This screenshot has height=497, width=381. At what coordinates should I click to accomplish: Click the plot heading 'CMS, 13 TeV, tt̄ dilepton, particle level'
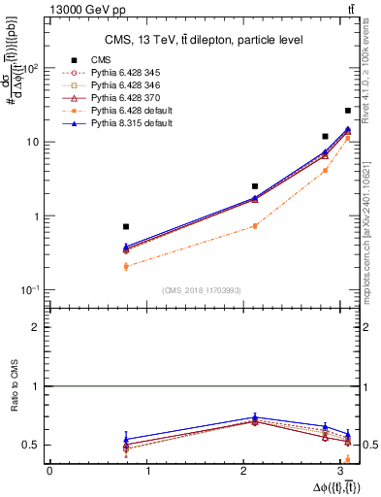(x=199, y=39)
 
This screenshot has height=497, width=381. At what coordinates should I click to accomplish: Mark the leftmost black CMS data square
(x=126, y=226)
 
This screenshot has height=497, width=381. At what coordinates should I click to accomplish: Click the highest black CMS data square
(x=348, y=111)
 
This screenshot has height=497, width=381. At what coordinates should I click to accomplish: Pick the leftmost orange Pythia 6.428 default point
(x=126, y=265)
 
